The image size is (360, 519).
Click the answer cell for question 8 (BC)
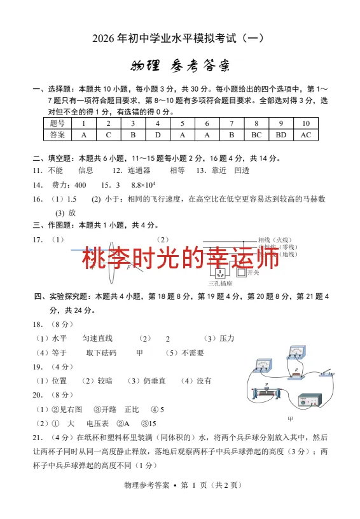click(x=256, y=135)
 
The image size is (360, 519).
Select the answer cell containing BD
click(x=281, y=135)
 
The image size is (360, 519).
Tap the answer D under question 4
click(x=157, y=135)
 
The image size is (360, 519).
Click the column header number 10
click(x=306, y=123)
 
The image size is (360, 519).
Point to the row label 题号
click(x=57, y=123)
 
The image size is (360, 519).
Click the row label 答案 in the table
click(x=57, y=135)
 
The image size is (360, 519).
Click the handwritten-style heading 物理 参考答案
click(x=180, y=66)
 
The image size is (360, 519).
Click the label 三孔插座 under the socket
click(x=220, y=284)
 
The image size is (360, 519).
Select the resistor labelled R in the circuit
click(x=296, y=375)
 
